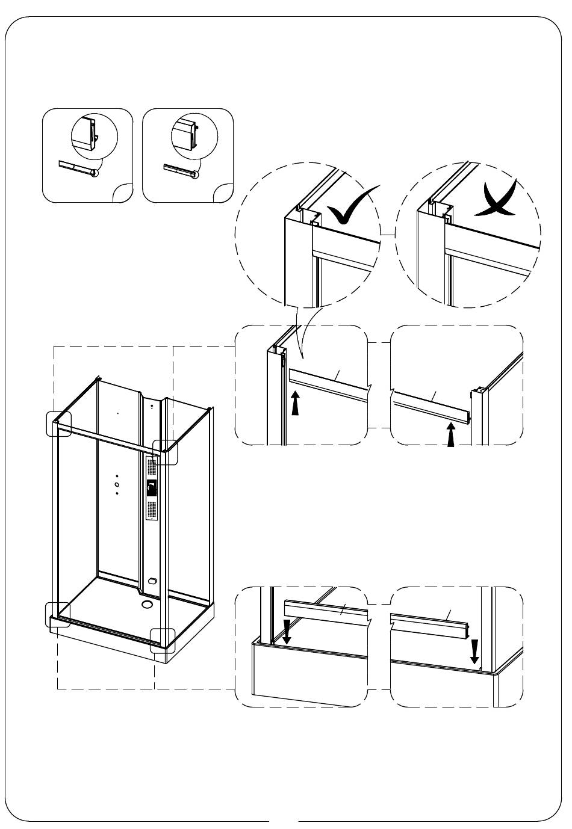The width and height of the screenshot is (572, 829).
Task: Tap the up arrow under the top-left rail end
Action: [x=295, y=404]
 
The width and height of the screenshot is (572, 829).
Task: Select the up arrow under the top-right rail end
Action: [x=450, y=435]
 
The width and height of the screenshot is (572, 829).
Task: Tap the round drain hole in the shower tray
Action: [x=147, y=605]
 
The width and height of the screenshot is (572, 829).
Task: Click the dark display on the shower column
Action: [x=152, y=487]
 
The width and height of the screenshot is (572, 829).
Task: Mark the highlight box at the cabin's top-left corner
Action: [x=59, y=423]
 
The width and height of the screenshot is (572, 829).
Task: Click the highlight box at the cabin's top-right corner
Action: [x=165, y=452]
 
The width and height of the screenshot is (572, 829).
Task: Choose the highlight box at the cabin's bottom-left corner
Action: [x=58, y=614]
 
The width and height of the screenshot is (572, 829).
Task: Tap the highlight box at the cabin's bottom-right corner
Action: [x=163, y=640]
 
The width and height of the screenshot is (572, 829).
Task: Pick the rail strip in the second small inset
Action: [x=177, y=169]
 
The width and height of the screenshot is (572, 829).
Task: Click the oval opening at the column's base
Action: [x=151, y=582]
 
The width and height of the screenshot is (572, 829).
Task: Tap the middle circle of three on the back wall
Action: [x=117, y=484]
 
